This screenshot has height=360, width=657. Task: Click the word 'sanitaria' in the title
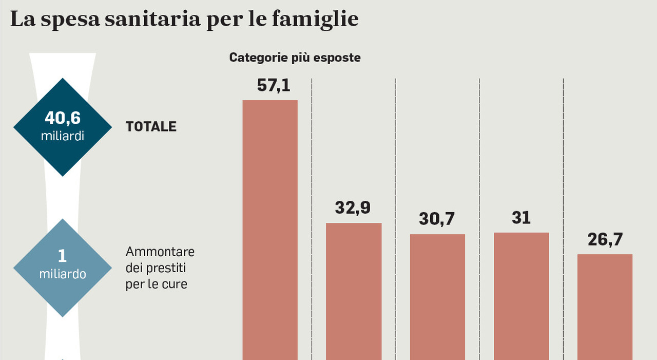pos(152,20)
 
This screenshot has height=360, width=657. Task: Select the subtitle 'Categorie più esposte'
pos(295,58)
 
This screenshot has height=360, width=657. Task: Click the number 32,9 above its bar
pos(353,208)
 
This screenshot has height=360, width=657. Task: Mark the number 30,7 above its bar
pos(437,219)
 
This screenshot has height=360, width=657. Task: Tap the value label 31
pos(521,218)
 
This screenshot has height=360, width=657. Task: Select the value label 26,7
pos(605,239)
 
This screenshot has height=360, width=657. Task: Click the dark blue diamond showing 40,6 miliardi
pos(63,127)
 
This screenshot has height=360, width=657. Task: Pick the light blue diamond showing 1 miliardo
pos(63,267)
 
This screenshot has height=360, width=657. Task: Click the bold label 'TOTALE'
pos(151,127)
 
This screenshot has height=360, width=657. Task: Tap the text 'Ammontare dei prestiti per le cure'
pos(160,268)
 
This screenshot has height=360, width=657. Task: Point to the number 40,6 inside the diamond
pos(63,119)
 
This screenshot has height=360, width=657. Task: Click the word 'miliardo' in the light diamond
pos(63,274)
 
